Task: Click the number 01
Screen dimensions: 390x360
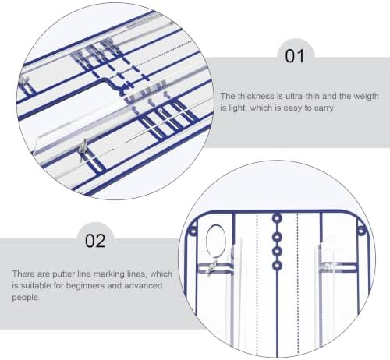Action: tap(294, 56)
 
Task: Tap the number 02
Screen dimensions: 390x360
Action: tap(95, 241)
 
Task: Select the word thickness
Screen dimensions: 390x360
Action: tap(257, 96)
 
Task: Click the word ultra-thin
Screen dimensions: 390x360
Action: tap(303, 96)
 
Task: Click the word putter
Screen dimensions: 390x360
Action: tap(64, 274)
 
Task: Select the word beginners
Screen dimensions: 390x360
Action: tap(86, 286)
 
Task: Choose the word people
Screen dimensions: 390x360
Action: tap(26, 298)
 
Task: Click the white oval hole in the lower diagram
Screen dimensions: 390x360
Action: tap(216, 241)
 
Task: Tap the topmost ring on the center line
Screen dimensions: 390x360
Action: tap(277, 218)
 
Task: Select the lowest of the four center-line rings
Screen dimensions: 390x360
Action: tap(277, 266)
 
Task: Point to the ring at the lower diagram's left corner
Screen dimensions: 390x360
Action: tap(193, 231)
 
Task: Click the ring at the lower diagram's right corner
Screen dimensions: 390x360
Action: tap(362, 231)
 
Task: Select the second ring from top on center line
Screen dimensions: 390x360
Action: tap(277, 238)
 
